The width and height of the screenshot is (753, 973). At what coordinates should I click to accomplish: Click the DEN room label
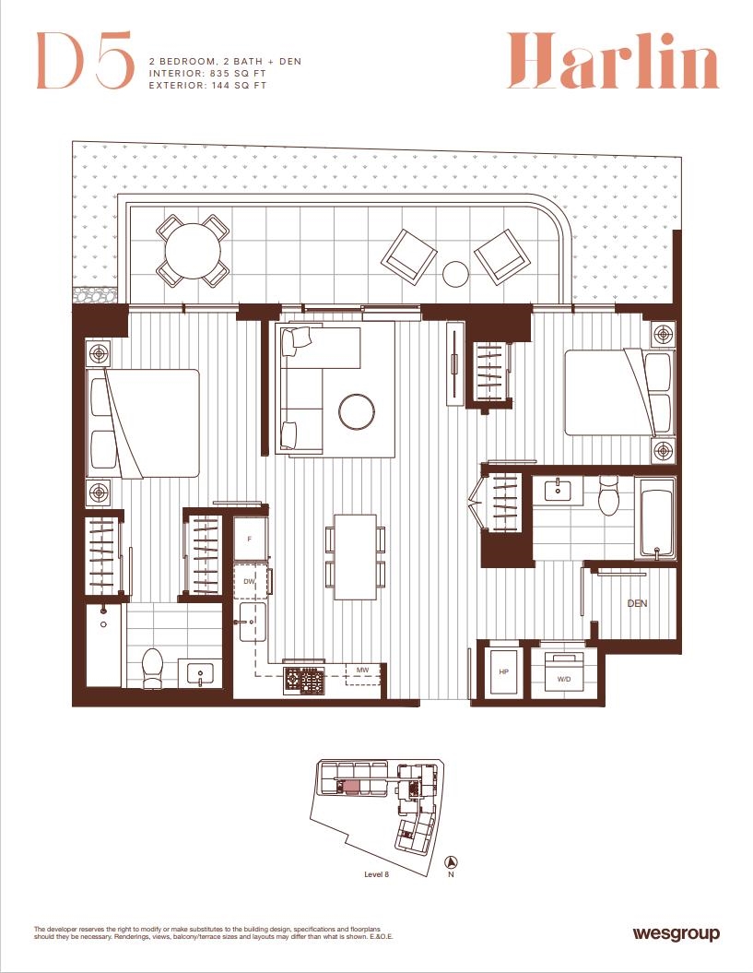637,603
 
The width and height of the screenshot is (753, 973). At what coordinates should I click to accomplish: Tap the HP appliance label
503,672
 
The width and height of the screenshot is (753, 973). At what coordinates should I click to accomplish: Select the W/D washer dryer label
564,679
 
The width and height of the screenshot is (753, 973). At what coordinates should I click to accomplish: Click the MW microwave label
363,670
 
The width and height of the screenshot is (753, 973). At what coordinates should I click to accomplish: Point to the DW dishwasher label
249,581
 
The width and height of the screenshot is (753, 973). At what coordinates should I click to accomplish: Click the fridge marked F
250,539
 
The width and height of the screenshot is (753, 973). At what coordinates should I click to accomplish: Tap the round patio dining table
193,251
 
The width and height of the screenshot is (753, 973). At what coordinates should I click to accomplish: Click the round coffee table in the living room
357,410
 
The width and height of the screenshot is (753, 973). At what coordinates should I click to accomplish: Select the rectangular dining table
356,557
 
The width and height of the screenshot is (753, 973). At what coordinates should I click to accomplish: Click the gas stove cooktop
304,679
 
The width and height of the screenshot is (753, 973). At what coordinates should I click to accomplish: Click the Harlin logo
613,61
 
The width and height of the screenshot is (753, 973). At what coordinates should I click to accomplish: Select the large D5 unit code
85,60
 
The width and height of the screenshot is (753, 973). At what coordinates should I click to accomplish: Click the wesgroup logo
677,932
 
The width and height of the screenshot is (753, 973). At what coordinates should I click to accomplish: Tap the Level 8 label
376,874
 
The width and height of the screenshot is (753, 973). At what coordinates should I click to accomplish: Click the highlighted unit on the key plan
351,788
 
